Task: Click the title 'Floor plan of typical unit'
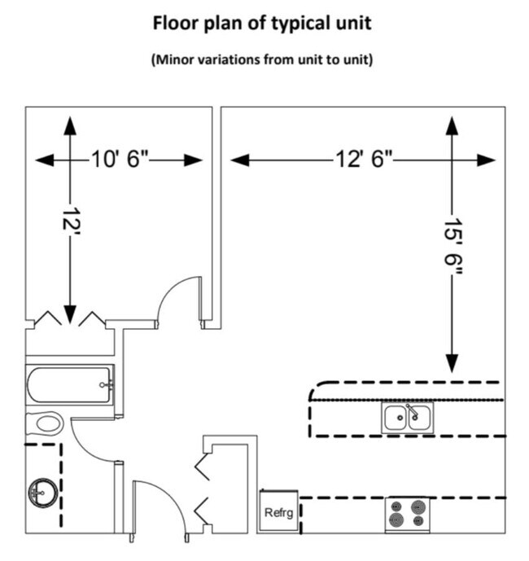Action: [x=262, y=24]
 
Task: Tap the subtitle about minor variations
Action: [x=262, y=61]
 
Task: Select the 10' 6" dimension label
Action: [x=120, y=160]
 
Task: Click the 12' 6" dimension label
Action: [x=363, y=160]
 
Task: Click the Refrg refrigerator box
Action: [x=278, y=513]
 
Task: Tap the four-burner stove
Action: [x=408, y=513]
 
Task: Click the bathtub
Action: [x=70, y=384]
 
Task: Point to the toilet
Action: [x=46, y=423]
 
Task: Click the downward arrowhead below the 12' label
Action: [x=70, y=313]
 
